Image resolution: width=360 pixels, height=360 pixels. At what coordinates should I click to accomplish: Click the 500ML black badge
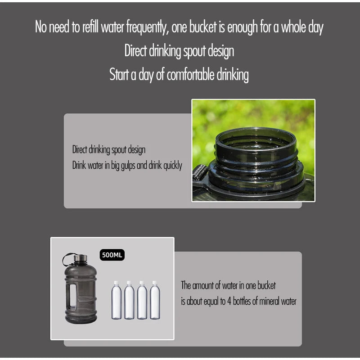click(x=112, y=255)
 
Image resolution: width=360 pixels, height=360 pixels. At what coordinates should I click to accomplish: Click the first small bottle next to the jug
click(x=117, y=300)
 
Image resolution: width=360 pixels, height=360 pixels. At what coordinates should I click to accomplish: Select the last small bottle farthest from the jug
click(x=155, y=300)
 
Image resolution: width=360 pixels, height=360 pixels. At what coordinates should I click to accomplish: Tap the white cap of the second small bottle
click(x=129, y=283)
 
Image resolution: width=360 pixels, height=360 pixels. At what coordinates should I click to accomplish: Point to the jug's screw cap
click(x=81, y=258)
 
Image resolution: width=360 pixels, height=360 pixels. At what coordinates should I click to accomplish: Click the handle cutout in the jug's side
click(x=73, y=296)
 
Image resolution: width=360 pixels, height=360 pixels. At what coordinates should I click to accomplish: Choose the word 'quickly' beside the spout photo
click(x=173, y=165)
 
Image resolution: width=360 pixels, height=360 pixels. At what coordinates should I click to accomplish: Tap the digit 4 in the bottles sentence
click(x=229, y=301)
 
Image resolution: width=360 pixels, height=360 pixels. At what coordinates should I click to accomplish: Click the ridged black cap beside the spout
click(x=200, y=173)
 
